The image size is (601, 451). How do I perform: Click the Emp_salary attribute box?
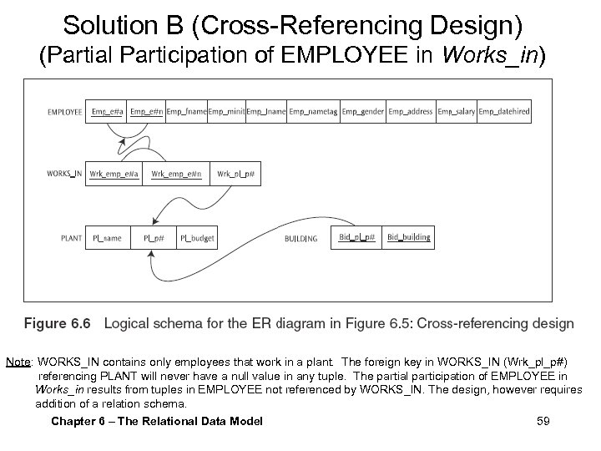point(456,111)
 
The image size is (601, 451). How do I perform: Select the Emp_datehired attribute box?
point(503,111)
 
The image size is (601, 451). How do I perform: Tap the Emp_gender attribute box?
point(362,111)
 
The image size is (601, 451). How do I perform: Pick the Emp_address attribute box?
point(411,111)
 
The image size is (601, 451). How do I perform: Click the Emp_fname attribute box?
point(184,111)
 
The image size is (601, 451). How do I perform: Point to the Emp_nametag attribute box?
point(314,111)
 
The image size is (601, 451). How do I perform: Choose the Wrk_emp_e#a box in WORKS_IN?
point(114,174)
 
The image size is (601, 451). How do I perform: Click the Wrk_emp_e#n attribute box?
point(176,174)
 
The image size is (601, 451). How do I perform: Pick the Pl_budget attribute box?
point(198,238)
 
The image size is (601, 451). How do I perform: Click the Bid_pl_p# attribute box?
point(357,237)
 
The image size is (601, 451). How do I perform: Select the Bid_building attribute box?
point(408,237)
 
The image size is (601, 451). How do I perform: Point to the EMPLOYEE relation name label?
point(65,112)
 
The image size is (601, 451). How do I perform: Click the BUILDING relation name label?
point(300,239)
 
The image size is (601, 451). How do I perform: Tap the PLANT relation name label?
point(72,239)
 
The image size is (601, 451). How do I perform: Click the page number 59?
point(543,421)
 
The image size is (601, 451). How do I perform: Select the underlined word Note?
point(18,362)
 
